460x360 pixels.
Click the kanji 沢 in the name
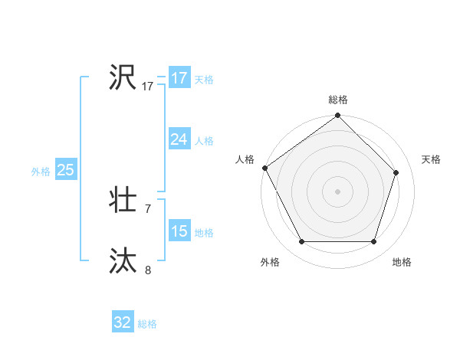[123, 77]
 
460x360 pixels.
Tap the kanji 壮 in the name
[123, 201]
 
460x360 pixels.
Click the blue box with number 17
[179, 78]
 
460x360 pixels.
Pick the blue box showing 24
[179, 139]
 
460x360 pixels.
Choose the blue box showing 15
[179, 231]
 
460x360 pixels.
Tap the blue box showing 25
[65, 170]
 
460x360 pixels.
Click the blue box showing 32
[122, 322]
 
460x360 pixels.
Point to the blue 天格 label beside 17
[203, 80]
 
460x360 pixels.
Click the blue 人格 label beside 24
[203, 141]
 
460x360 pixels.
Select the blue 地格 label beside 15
[203, 233]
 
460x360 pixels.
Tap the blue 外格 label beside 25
[41, 172]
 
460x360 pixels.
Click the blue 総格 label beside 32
[147, 324]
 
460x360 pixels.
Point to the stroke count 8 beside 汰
[148, 270]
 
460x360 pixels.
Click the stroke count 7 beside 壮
[148, 208]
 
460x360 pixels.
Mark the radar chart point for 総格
[337, 116]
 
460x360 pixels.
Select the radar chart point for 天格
[396, 172]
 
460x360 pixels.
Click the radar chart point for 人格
[264, 168]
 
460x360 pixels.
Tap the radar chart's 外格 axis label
[270, 262]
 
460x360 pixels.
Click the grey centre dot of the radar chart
[337, 191]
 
